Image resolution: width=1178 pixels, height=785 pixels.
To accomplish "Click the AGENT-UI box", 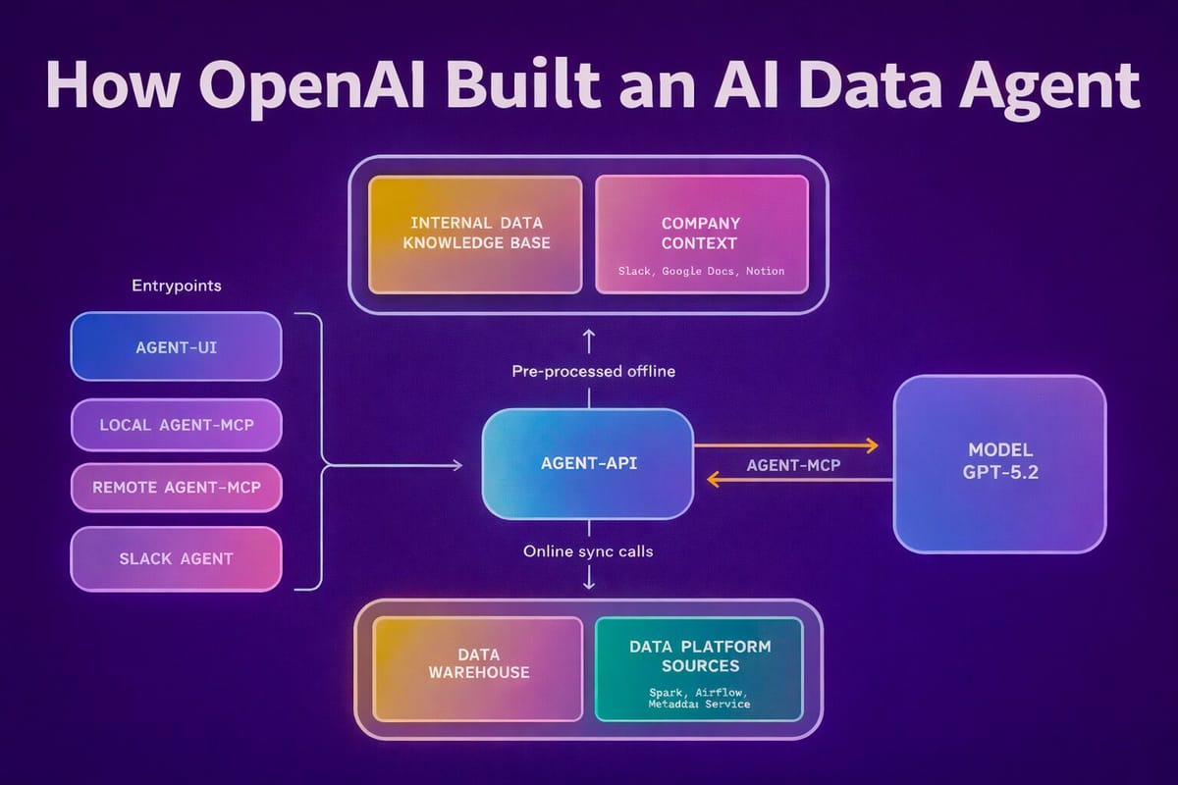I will tap(177, 346).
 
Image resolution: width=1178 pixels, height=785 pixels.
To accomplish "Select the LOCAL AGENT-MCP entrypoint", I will tap(177, 425).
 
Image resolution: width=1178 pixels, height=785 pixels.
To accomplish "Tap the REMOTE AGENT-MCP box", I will tap(177, 487).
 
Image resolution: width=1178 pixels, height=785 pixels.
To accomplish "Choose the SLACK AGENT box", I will tap(177, 558).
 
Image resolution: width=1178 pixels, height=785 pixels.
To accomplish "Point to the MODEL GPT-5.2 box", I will tap(999, 463).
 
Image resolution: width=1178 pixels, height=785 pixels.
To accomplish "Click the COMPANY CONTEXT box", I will tap(701, 234).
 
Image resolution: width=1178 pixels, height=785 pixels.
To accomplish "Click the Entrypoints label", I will tap(177, 286).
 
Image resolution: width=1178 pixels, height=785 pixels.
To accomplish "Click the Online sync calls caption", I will tap(587, 551).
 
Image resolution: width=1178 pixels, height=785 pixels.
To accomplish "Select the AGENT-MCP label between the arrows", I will tap(793, 465).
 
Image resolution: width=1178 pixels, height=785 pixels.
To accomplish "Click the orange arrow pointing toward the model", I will tap(785, 445).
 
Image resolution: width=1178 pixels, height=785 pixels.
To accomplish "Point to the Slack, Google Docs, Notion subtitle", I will tap(701, 270).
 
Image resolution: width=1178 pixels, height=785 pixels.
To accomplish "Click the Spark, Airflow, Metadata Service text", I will tap(699, 698).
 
